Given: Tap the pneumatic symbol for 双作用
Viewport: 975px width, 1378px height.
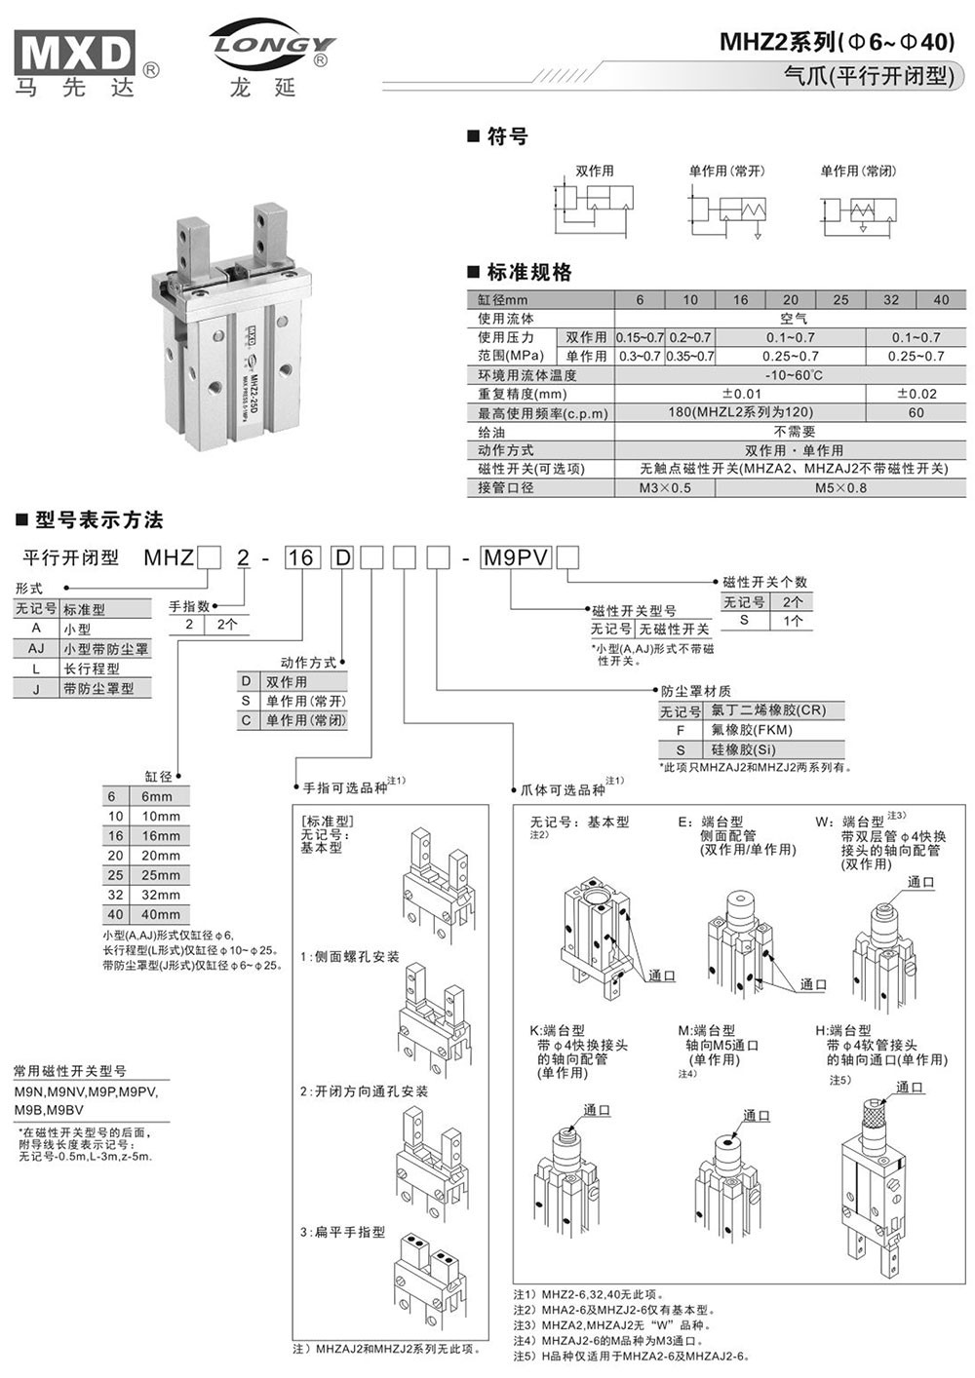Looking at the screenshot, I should pos(594,207).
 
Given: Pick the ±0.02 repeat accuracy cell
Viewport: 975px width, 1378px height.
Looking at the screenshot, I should pos(916,394).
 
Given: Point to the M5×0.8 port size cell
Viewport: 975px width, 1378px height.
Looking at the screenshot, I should pos(840,487).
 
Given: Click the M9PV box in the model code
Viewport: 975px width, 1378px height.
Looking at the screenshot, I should pos(517,557).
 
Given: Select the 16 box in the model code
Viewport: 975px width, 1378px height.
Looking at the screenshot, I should pos(300,558).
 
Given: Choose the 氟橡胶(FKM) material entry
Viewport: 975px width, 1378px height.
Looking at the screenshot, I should pos(751,730).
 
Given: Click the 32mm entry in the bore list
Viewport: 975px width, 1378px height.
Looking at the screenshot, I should pos(161,895).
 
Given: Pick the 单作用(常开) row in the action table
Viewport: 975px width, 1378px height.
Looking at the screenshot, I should pos(305,702).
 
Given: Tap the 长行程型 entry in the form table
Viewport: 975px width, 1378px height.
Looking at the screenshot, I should pos(92,669).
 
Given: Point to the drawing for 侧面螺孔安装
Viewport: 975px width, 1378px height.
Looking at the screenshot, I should pos(435,1014).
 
